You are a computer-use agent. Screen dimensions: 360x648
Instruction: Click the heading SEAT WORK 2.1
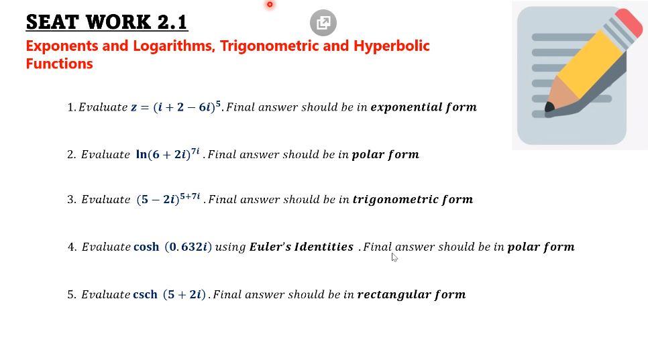(107, 22)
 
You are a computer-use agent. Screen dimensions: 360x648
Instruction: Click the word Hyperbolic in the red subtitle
(391, 46)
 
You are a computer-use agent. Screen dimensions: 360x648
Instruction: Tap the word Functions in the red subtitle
(59, 64)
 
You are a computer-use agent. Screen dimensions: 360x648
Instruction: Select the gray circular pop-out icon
(323, 23)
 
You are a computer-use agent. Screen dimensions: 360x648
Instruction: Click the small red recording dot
(270, 5)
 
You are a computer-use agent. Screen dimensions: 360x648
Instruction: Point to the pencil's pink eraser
(629, 23)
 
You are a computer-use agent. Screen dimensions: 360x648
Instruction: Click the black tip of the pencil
(549, 107)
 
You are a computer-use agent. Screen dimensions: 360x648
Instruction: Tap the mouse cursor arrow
(394, 257)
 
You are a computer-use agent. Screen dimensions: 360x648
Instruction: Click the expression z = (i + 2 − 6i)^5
(176, 107)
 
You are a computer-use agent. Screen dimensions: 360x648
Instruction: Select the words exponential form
(423, 107)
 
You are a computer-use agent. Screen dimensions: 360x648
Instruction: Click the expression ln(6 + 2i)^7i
(168, 154)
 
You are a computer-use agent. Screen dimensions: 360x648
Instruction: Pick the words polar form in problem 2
(385, 155)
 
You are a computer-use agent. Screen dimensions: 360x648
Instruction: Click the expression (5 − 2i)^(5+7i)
(168, 199)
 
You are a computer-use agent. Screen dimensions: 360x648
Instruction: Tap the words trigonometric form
(413, 200)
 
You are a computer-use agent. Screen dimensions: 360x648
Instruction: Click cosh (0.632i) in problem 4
(172, 247)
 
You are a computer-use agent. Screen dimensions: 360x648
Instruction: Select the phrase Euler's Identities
(301, 247)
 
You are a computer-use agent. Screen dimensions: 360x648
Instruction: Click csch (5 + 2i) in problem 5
(169, 294)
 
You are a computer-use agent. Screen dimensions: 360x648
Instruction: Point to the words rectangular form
(411, 294)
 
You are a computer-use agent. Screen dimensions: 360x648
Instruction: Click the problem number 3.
(71, 200)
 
